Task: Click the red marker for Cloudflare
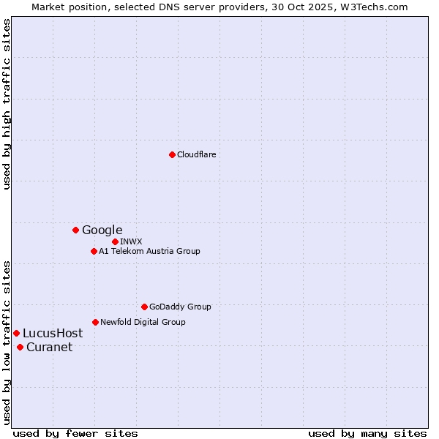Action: pos(172,154)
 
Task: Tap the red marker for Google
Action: pos(75,230)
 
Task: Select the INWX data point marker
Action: pos(115,241)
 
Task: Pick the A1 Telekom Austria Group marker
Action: pos(94,251)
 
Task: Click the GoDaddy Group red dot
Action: pos(144,307)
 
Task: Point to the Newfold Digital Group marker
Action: pos(95,322)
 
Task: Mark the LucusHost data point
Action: pos(16,333)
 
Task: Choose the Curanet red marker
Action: pos(20,347)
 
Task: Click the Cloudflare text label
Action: pos(196,154)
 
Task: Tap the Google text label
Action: pos(102,230)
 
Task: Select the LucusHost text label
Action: pos(53,333)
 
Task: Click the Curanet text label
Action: pos(49,347)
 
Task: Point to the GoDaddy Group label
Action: pos(180,307)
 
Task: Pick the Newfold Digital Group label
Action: pos(143,322)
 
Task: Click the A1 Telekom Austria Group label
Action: pos(149,251)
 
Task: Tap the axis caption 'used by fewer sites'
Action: pos(75,433)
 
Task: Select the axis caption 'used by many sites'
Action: pos(367,433)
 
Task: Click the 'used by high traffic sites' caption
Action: pos(7,104)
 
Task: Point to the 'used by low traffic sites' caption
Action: pos(7,342)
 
